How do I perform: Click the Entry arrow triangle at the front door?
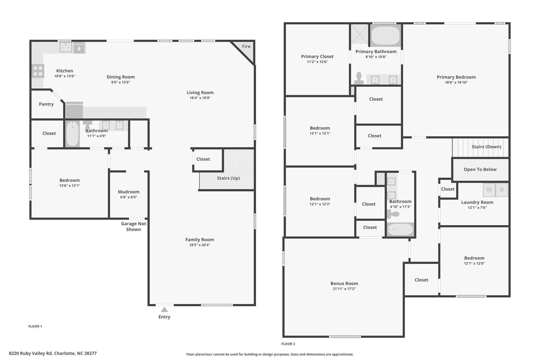164,309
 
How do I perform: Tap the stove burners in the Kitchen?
38,71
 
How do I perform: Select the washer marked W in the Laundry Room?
489,190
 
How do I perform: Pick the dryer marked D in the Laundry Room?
502,190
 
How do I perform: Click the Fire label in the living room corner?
246,46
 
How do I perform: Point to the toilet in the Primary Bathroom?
359,78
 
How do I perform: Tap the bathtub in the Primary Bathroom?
385,36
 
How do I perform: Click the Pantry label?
46,104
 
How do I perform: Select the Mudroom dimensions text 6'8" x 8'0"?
129,197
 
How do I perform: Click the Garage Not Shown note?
133,227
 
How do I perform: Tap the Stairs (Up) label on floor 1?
228,178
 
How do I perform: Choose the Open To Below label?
480,170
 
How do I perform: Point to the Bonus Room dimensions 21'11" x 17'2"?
344,289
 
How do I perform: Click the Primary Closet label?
317,56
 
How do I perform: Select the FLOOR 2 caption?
288,344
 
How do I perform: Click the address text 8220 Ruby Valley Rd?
31,353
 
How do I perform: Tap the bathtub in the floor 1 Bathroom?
73,134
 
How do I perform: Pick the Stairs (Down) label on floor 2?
486,147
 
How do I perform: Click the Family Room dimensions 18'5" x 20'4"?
200,245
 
